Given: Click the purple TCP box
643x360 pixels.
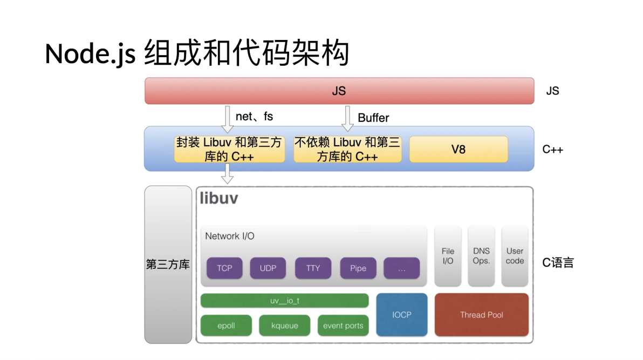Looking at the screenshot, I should coord(224,268).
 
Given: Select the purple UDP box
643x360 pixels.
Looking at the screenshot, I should coord(268,268).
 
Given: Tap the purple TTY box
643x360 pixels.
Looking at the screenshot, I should coord(313,268).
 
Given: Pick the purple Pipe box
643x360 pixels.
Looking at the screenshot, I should coord(358,268).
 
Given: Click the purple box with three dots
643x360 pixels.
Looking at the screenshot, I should coord(401,268).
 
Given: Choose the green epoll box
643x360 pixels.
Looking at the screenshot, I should coord(226,325).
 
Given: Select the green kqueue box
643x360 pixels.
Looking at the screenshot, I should coord(284,325).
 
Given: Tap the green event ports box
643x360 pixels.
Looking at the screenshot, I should coord(343,325).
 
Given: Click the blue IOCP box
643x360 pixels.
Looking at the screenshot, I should coord(402,315).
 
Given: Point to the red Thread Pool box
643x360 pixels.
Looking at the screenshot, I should coord(481,315).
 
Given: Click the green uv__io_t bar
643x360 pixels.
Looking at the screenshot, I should coord(284,301).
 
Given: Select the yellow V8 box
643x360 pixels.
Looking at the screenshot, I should coord(459,150).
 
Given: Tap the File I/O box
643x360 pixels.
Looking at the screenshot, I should coord(448,256).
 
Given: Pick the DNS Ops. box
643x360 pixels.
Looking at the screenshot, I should coord(481,256).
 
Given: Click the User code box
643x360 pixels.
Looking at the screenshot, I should coord(515,256).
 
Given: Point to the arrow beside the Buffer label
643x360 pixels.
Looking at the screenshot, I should coord(347,118).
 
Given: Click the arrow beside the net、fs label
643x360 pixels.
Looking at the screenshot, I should coord(228,118).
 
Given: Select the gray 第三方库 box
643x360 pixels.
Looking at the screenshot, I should coord(168,264).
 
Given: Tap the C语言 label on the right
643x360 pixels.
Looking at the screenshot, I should coord(558,263).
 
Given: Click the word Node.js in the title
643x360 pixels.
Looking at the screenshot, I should coord(90,54).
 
